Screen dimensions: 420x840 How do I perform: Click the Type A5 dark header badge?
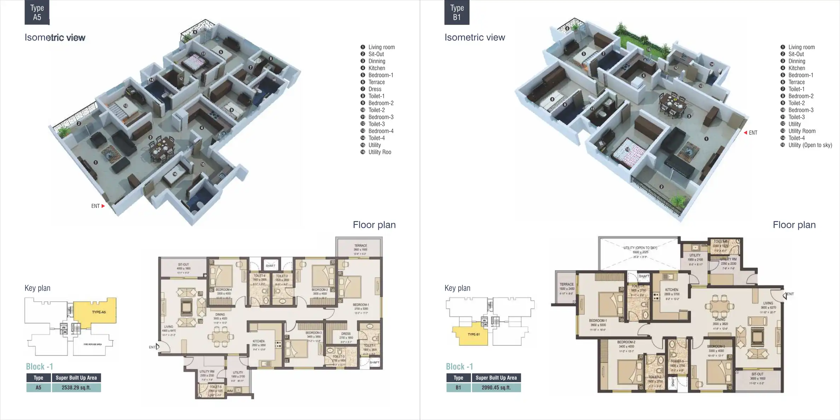click(x=37, y=12)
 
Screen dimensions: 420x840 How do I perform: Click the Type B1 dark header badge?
click(x=456, y=12)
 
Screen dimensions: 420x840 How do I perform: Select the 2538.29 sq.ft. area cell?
click(x=76, y=387)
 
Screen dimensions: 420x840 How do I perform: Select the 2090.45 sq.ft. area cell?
click(x=496, y=387)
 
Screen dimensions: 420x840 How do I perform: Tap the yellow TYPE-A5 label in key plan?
click(x=99, y=312)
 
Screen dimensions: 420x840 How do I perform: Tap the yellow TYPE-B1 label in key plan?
click(x=473, y=334)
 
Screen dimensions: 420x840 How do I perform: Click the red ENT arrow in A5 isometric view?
click(x=103, y=206)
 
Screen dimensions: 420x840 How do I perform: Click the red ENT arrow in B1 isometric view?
click(x=745, y=133)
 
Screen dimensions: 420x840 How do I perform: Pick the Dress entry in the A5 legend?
click(x=375, y=89)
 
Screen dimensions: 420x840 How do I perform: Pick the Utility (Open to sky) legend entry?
click(x=810, y=145)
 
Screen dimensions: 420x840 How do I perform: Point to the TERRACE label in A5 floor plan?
click(x=361, y=246)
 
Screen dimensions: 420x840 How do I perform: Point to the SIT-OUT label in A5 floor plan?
click(x=183, y=264)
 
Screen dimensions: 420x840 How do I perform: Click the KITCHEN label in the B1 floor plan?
click(x=671, y=290)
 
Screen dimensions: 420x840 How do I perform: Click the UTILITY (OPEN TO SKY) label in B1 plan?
click(x=640, y=248)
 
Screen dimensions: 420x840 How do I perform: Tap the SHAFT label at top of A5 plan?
click(x=270, y=266)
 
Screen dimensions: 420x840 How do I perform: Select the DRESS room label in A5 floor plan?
click(x=346, y=334)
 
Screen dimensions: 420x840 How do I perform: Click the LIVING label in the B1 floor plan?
click(x=768, y=303)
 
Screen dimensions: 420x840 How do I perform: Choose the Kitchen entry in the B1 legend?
click(x=797, y=68)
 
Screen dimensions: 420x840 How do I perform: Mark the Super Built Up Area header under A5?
click(x=76, y=378)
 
